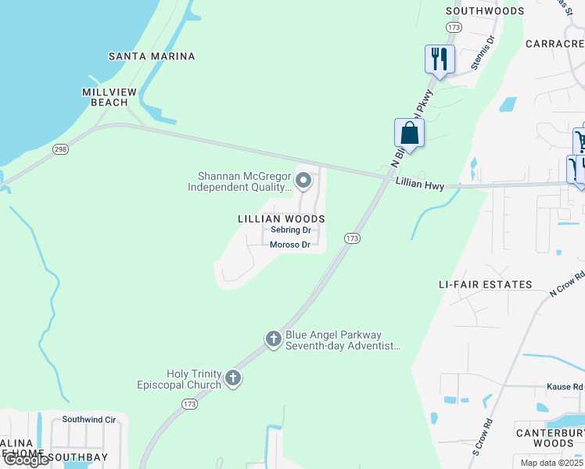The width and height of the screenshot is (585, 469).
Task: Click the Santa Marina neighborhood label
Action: coord(152,56)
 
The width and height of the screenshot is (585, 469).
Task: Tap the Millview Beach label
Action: coord(109,97)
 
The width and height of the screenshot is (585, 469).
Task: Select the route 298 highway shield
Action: coord(60,149)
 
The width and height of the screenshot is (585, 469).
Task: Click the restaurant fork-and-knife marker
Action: coord(440,59)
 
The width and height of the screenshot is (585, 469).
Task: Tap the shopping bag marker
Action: coord(409,133)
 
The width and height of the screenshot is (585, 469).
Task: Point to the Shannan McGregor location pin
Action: coord(304,182)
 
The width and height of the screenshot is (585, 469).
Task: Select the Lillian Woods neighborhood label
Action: coord(281,220)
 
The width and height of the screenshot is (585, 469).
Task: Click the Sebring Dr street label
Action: coord(291,231)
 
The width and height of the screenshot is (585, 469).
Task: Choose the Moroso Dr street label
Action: coord(290,245)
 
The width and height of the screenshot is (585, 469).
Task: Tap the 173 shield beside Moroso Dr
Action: coord(352,238)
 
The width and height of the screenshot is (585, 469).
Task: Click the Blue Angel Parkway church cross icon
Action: coord(273,339)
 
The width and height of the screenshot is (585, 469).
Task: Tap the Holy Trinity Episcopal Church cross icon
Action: coord(232,379)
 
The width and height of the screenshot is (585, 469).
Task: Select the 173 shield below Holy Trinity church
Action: coord(188,404)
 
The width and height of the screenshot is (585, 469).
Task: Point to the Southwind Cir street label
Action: coord(89,420)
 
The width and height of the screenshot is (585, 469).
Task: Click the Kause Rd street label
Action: coord(566,387)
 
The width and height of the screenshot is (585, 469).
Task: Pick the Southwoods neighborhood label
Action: coord(485,11)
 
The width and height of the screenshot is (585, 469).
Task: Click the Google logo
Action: coord(27,460)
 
